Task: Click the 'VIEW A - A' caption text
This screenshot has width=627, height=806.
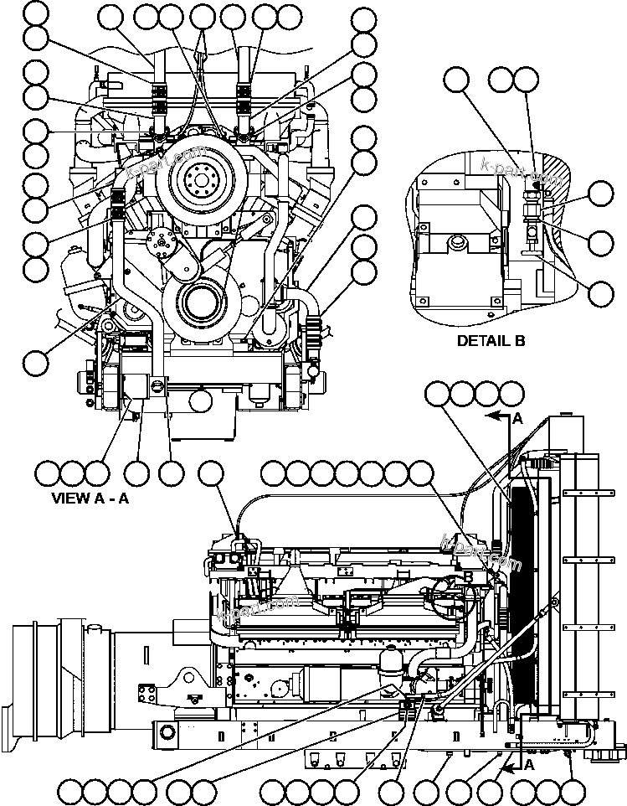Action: click(x=90, y=496)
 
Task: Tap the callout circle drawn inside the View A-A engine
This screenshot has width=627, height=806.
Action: click(x=200, y=400)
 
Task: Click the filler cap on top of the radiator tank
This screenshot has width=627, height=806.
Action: click(x=568, y=415)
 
